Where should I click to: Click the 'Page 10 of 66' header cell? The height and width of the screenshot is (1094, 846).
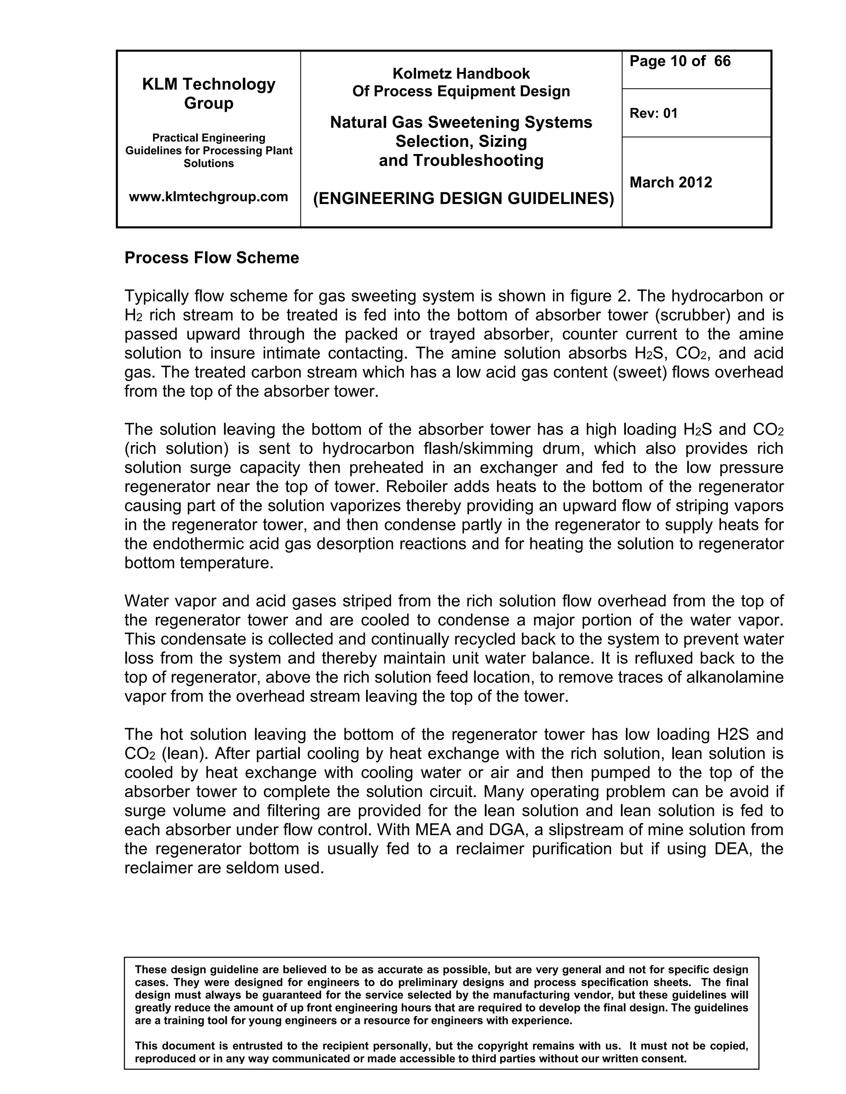click(x=680, y=62)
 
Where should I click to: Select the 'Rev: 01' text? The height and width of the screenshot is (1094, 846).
click(x=653, y=114)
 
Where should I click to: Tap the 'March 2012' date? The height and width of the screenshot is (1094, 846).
click(x=670, y=182)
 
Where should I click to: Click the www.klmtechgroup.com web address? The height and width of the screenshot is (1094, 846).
click(x=209, y=197)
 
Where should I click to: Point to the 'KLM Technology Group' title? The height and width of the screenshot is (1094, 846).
click(x=209, y=94)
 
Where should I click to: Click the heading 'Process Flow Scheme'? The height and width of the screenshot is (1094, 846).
click(x=211, y=258)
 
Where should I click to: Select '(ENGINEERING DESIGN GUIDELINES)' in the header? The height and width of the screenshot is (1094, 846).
click(x=463, y=199)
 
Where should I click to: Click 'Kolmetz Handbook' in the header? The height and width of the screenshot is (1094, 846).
click(x=461, y=73)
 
